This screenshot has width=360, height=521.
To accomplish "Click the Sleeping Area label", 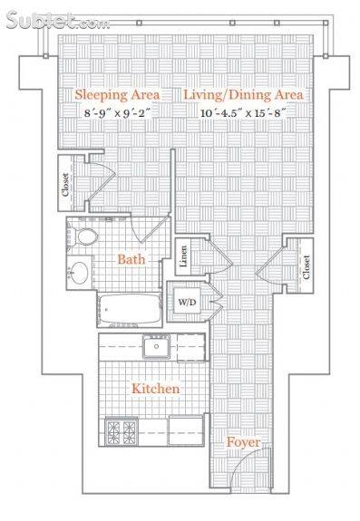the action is pyautogui.click(x=117, y=95).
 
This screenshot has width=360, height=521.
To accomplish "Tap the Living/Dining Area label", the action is pyautogui.click(x=244, y=95).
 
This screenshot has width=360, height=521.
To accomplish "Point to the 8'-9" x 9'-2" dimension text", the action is pyautogui.click(x=118, y=113).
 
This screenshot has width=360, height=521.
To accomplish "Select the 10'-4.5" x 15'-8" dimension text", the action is pyautogui.click(x=243, y=113).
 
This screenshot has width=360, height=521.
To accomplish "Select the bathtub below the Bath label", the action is pyautogui.click(x=131, y=309).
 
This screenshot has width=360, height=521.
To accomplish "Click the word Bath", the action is pyautogui.click(x=131, y=259).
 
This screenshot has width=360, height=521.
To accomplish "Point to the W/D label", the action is pyautogui.click(x=188, y=302).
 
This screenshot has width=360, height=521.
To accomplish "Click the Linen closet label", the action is pyautogui.click(x=183, y=256).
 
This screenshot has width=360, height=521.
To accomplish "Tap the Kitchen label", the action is pyautogui.click(x=156, y=389).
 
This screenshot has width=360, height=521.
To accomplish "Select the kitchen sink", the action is pyautogui.click(x=157, y=346).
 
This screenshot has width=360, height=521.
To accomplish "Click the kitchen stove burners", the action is pyautogui.click(x=121, y=431).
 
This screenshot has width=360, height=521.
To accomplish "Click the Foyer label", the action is pyautogui.click(x=243, y=442).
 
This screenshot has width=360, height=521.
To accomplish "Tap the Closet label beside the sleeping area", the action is pyautogui.click(x=65, y=185).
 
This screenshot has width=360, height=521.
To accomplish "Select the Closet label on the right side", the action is pyautogui.click(x=306, y=266).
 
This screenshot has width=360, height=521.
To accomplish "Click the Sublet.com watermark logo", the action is pyautogui.click(x=58, y=20).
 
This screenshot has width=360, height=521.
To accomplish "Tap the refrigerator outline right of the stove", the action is pyautogui.click(x=186, y=430).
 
